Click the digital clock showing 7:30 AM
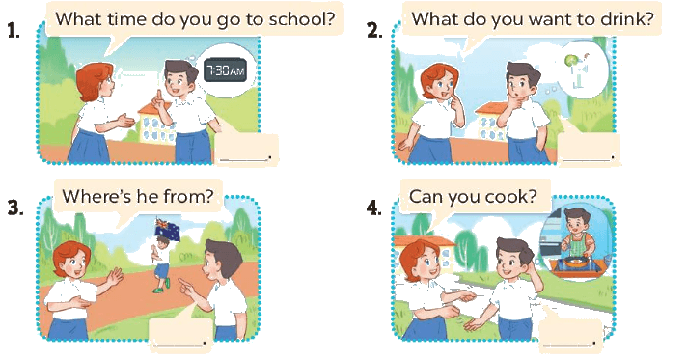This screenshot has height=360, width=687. pyautogui.click(x=225, y=70)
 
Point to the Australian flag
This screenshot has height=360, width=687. pyautogui.click(x=168, y=230)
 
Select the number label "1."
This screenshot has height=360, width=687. pyautogui.click(x=14, y=30)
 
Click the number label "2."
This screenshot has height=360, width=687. pyautogui.click(x=374, y=30)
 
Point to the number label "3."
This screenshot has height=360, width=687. pyautogui.click(x=15, y=208)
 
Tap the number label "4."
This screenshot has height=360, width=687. pyautogui.click(x=374, y=208)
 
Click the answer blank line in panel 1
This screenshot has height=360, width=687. pyautogui.click(x=243, y=159)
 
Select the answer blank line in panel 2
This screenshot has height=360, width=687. pyautogui.click(x=587, y=159)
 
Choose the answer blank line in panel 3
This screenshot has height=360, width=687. pyautogui.click(x=178, y=345)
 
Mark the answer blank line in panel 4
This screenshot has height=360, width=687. pyautogui.click(x=567, y=345)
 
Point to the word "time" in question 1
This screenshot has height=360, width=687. pyautogui.click(x=124, y=19)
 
